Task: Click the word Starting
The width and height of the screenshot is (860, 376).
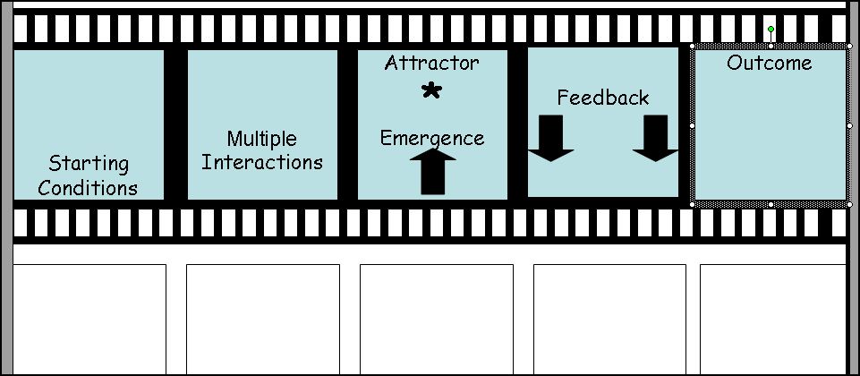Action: coord(89,164)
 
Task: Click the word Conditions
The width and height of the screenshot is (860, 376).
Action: coord(88,188)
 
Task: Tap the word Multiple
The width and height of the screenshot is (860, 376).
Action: coord(261,139)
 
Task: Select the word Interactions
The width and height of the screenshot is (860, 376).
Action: coord(261,163)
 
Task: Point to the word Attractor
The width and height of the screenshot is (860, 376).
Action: coord(431,64)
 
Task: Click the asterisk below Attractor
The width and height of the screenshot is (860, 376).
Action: coord(431,90)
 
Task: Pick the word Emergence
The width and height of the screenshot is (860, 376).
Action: coord(431,138)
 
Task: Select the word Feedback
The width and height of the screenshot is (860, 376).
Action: coord(602,98)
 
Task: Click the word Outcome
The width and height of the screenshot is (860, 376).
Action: coord(769,63)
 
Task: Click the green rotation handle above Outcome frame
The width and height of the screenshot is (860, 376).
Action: coord(771,30)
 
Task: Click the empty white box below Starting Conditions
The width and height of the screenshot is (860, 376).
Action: coord(89,318)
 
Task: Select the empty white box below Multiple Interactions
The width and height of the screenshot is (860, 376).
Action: coord(262,318)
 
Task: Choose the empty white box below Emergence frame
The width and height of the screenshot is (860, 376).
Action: coord(437,318)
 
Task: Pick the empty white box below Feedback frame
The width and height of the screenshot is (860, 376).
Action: coord(609,318)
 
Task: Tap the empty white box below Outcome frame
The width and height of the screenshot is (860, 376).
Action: coord(772,318)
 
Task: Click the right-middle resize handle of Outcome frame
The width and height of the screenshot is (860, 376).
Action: coord(848,126)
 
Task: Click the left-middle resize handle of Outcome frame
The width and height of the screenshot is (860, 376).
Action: coord(693,126)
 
